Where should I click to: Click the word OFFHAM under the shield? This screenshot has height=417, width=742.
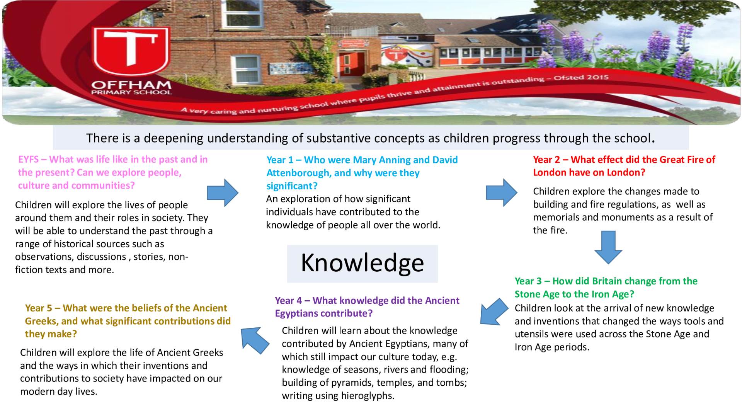(x=131, y=85)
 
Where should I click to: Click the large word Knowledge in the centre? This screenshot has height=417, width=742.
(x=362, y=263)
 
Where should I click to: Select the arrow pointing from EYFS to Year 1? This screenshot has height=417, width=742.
(x=223, y=192)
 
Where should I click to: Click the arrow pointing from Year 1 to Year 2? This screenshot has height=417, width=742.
(x=501, y=192)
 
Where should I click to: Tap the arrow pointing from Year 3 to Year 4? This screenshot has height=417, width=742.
(x=494, y=311)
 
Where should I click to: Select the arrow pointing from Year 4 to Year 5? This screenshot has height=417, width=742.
(x=255, y=340)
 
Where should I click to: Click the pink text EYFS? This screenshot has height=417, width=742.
(x=28, y=159)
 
